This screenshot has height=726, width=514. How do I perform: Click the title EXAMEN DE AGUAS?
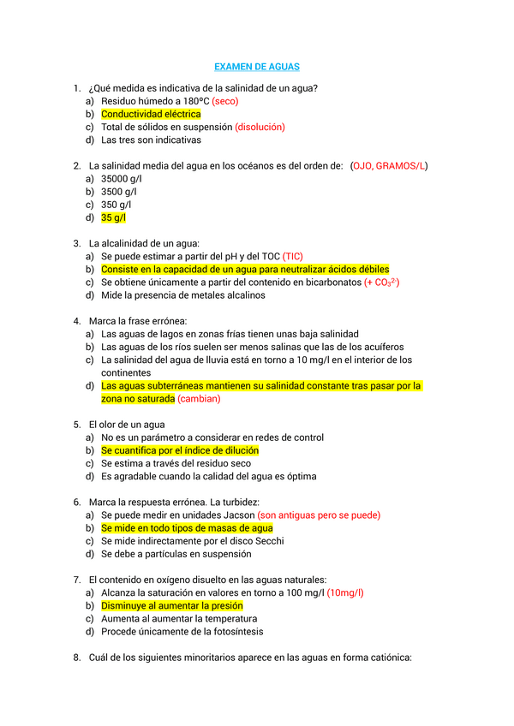coord(256,67)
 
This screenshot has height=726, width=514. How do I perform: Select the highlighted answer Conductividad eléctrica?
coord(151,114)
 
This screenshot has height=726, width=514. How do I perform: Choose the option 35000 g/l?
coord(122,179)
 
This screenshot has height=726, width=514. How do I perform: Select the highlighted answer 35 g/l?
coord(113,217)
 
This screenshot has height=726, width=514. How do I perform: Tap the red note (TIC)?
coord(292,256)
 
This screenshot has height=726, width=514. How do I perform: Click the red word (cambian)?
coord(200,399)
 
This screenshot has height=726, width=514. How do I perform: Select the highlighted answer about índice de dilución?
coord(179,450)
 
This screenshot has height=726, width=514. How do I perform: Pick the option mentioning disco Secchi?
coord(192,541)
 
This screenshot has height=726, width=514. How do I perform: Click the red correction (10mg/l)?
coord(345,592)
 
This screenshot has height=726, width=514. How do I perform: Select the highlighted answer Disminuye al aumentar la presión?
coord(171,605)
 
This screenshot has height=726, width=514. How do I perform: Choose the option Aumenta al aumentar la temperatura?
coord(180,618)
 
